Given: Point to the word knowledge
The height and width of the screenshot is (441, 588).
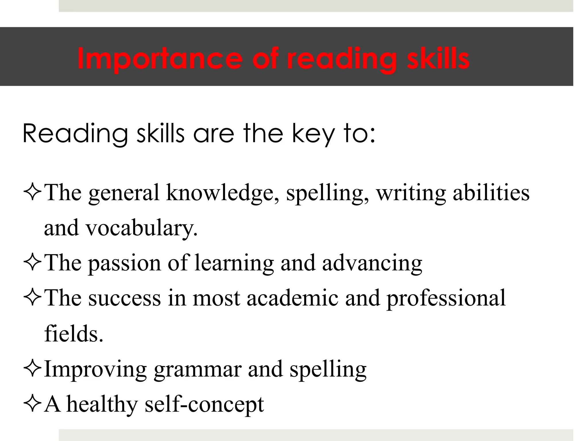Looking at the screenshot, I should pyautogui.click(x=223, y=193).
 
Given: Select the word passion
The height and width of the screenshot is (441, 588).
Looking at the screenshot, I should pyautogui.click(x=125, y=264).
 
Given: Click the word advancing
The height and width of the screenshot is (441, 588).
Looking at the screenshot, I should pyautogui.click(x=372, y=264).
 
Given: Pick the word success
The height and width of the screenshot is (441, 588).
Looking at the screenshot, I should pyautogui.click(x=125, y=299).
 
